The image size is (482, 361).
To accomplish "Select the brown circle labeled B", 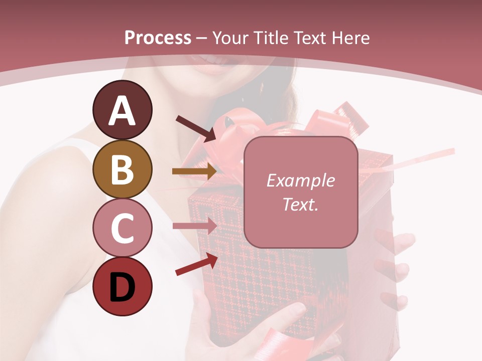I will click(x=122, y=169).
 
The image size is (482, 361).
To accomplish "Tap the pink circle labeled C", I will click(x=122, y=228).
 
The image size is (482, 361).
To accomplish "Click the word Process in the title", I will click(x=158, y=38).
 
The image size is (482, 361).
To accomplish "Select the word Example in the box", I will click(x=300, y=180).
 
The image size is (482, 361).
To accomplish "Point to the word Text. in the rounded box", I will click(x=300, y=205).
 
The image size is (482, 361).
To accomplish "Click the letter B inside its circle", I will click(x=122, y=169).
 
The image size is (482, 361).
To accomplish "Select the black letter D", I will click(x=122, y=288).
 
